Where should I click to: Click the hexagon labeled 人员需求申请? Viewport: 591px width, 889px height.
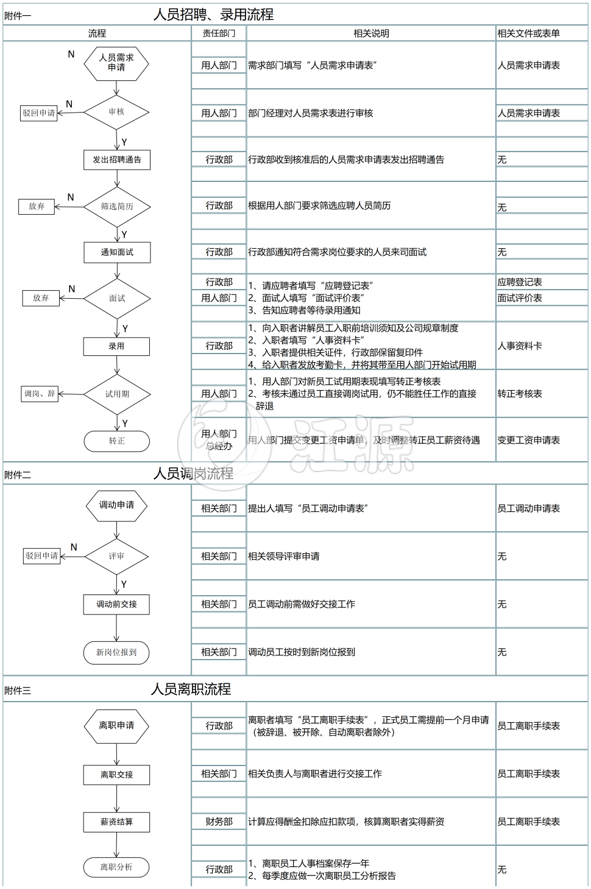tap(116, 63)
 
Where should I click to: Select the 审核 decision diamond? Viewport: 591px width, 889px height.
tap(116, 112)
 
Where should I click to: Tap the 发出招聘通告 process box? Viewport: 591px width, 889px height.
tap(117, 160)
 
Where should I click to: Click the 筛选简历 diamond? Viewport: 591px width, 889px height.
tap(117, 207)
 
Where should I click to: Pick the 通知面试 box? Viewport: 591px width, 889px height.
tap(117, 253)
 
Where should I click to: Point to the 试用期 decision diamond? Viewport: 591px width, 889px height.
tap(117, 394)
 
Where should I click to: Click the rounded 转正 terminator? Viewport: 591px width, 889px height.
tap(116, 441)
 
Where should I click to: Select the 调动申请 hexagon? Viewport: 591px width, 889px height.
tap(116, 505)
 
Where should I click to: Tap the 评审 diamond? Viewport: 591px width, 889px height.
tap(116, 556)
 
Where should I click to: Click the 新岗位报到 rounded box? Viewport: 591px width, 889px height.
tap(116, 652)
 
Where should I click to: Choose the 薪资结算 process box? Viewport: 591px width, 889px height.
tap(116, 822)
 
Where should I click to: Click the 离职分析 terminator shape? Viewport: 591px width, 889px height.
tap(116, 867)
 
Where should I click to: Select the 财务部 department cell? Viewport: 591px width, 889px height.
tap(219, 822)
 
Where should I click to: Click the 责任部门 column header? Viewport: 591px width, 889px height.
tap(219, 33)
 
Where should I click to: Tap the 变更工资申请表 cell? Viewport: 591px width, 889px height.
tap(528, 441)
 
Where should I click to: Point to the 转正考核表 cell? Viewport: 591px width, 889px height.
tap(520, 394)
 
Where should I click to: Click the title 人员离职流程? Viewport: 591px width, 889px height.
tap(191, 689)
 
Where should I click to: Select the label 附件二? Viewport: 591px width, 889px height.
tap(18, 475)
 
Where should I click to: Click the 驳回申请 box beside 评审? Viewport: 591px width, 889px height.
tap(42, 556)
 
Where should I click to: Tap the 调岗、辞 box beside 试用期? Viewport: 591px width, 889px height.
tap(40, 394)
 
